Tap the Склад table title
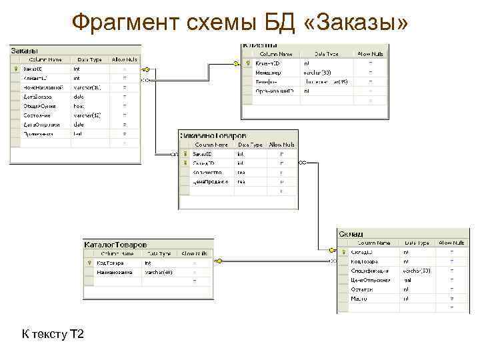(x=351, y=235)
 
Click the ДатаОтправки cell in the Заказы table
(x=41, y=125)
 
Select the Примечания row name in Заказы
(x=39, y=134)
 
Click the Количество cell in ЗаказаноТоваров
(x=207, y=172)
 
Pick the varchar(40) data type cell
(x=159, y=272)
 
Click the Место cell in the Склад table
(x=359, y=299)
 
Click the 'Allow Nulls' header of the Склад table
(x=451, y=243)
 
